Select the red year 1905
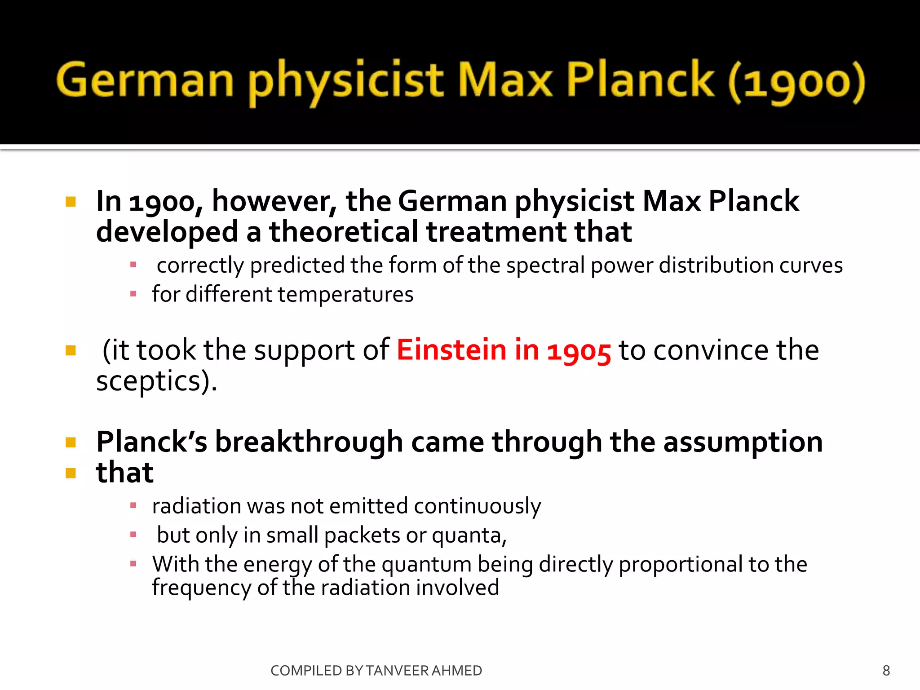pyautogui.click(x=579, y=351)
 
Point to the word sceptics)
pyautogui.click(x=156, y=381)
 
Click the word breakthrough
pyautogui.click(x=309, y=442)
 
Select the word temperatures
pyautogui.click(x=344, y=295)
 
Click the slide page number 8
pyautogui.click(x=886, y=671)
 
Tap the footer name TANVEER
pyautogui.click(x=397, y=671)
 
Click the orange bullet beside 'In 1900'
pyautogui.click(x=71, y=201)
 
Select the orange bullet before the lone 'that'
pyautogui.click(x=71, y=473)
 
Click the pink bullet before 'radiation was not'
pyautogui.click(x=133, y=506)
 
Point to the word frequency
pyautogui.click(x=201, y=588)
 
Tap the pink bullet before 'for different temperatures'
pyautogui.click(x=133, y=294)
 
